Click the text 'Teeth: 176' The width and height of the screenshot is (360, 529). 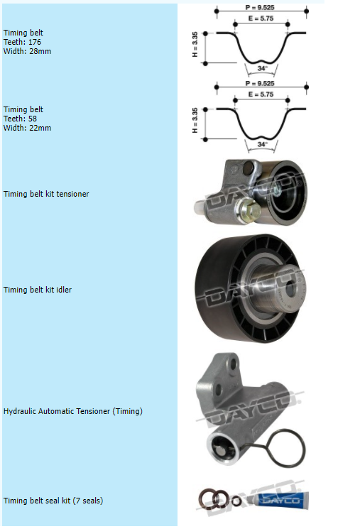(22, 42)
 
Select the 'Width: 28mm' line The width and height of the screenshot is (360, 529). (27, 51)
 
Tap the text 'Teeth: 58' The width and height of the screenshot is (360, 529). (20, 119)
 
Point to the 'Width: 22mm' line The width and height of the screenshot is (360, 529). (27, 128)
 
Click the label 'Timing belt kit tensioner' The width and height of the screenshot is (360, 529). (46, 194)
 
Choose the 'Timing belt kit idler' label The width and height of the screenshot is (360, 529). (38, 290)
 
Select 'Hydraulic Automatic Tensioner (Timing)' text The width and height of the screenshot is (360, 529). (73, 411)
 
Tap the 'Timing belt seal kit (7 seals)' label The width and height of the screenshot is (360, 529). (53, 501)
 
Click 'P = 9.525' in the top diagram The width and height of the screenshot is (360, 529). (260, 7)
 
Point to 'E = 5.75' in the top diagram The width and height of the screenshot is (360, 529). (261, 18)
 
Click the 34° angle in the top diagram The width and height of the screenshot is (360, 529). (263, 68)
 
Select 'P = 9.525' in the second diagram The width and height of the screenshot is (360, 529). (260, 83)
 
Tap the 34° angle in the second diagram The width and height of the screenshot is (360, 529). (263, 144)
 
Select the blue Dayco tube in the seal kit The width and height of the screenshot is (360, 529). (283, 501)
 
